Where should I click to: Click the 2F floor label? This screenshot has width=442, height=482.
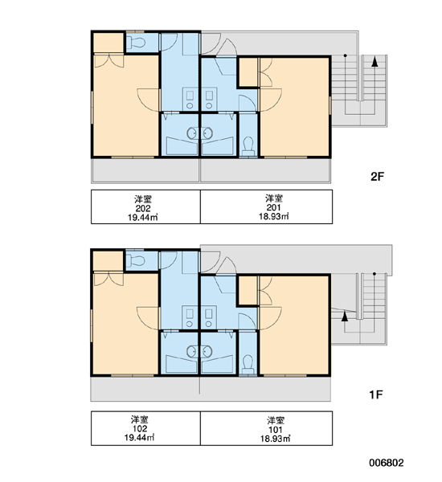pyautogui.click(x=378, y=177)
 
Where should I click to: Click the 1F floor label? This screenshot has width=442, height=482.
pyautogui.click(x=376, y=394)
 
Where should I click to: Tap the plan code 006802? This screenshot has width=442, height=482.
pyautogui.click(x=387, y=463)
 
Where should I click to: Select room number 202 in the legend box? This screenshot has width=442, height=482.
pyautogui.click(x=143, y=208)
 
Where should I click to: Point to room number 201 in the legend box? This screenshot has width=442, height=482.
pyautogui.click(x=273, y=207)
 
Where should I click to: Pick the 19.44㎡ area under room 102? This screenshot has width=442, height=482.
pyautogui.click(x=139, y=437)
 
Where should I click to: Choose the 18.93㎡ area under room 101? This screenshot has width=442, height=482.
pyautogui.click(x=276, y=439)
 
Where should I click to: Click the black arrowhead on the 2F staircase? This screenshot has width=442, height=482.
pyautogui.click(x=374, y=62)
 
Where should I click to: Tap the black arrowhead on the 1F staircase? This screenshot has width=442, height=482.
pyautogui.click(x=345, y=317)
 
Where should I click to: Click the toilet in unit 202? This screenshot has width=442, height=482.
pyautogui.click(x=137, y=43)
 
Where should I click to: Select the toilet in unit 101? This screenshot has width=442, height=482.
pyautogui.click(x=248, y=364)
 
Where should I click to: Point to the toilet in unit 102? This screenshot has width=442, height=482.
pyautogui.click(x=136, y=261)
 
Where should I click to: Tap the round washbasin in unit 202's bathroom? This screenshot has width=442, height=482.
pyautogui.click(x=193, y=133)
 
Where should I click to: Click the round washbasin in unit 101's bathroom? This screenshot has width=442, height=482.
pyautogui.click(x=207, y=351)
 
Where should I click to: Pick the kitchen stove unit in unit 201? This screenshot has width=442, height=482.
pyautogui.click(x=209, y=99)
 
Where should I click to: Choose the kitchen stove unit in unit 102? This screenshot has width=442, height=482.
pyautogui.click(x=190, y=317)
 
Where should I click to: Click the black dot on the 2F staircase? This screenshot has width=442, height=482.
pyautogui.click(x=345, y=55)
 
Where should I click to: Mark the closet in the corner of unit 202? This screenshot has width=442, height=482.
pyautogui.click(x=108, y=43)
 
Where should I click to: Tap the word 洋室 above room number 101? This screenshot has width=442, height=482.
pyautogui.click(x=276, y=420)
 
